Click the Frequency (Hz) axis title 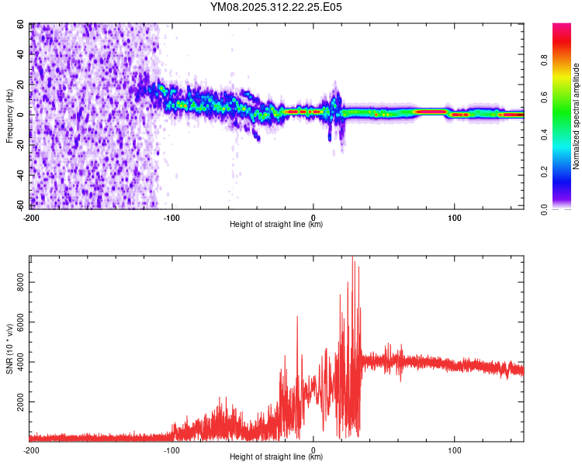click(9, 115)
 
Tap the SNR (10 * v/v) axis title click(9, 348)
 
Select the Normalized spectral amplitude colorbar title click(577, 116)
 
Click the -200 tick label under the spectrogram click(31, 216)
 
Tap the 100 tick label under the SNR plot click(455, 449)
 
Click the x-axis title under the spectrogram click(276, 225)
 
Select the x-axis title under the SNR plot click(276, 458)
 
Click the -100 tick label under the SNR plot click(171, 449)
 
